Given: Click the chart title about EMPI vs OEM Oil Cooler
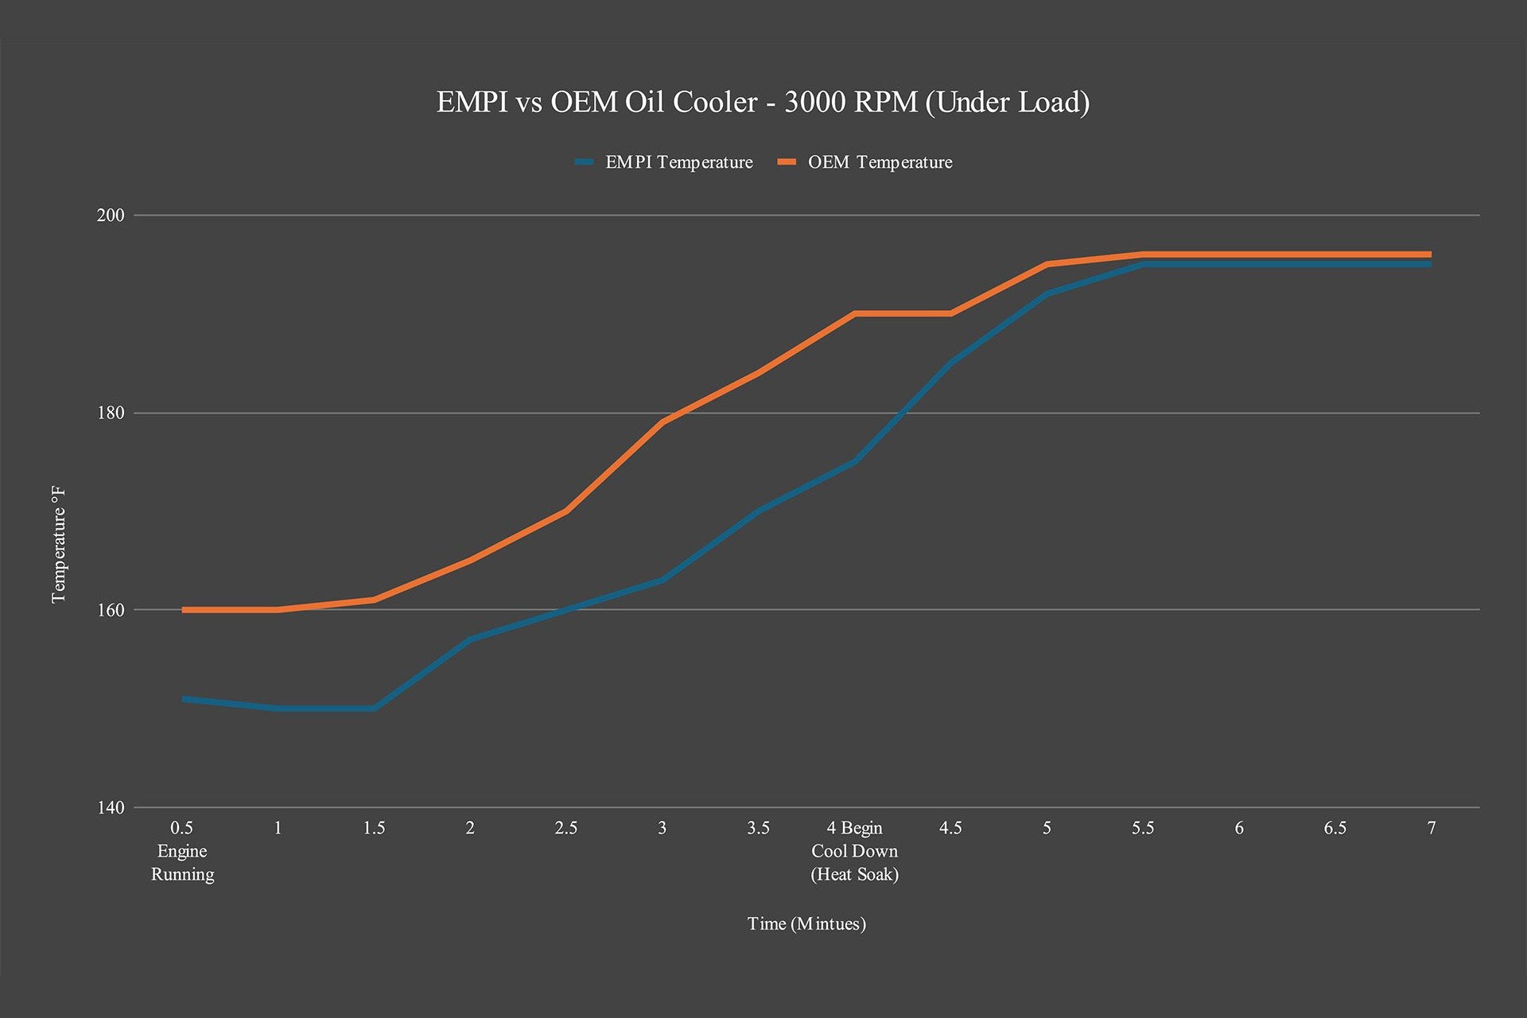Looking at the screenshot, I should (763, 103).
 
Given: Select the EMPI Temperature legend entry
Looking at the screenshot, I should (678, 162).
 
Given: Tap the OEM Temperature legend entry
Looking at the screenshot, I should (880, 162).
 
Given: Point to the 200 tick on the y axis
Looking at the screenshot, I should (111, 216).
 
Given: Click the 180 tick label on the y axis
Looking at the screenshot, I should (111, 413).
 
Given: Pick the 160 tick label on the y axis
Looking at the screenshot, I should (111, 610).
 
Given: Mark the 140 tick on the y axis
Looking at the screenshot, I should (111, 808).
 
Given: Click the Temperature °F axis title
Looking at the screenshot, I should (59, 545).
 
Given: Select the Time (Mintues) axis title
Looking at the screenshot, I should (806, 923).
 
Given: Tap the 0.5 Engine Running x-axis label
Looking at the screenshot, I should (182, 851).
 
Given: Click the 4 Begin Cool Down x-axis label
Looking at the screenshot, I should (854, 851).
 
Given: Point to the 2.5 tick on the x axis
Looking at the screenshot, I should (565, 828).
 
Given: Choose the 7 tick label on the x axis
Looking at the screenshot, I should (1431, 828).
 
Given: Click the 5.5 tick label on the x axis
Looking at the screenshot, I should (1143, 828).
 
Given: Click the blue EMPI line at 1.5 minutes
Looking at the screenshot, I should (374, 708).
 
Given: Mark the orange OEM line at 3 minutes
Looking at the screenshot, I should (662, 422).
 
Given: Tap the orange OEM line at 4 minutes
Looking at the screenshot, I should (854, 313).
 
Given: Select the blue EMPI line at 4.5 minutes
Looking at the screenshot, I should (950, 363).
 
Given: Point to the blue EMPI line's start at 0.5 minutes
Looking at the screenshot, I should (184, 699).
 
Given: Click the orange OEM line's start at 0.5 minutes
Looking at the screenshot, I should (184, 610).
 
